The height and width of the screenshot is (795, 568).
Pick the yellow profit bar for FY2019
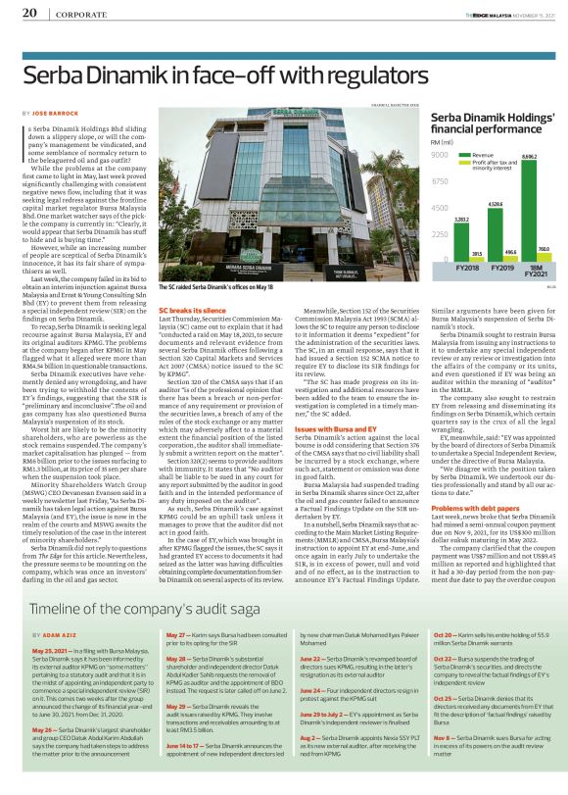click(x=510, y=258)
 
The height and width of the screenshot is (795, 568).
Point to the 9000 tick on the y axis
click(x=439, y=156)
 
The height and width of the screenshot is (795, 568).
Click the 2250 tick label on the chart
click(x=439, y=234)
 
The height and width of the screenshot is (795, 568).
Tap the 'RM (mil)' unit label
click(x=442, y=143)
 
